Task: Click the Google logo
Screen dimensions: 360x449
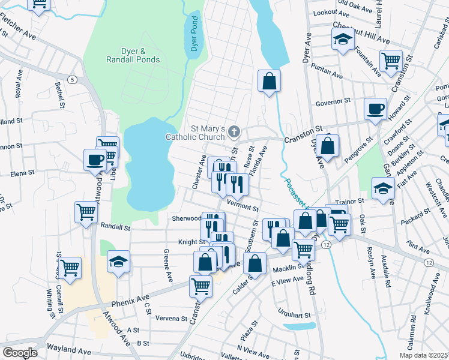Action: click(x=20, y=352)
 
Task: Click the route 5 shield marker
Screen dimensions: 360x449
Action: click(x=73, y=79)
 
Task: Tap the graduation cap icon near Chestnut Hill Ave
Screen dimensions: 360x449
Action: click(x=343, y=40)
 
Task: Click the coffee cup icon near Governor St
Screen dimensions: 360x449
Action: click(x=376, y=109)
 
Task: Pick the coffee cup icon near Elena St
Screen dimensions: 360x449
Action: click(x=95, y=160)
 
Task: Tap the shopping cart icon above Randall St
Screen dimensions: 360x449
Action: click(x=86, y=211)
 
